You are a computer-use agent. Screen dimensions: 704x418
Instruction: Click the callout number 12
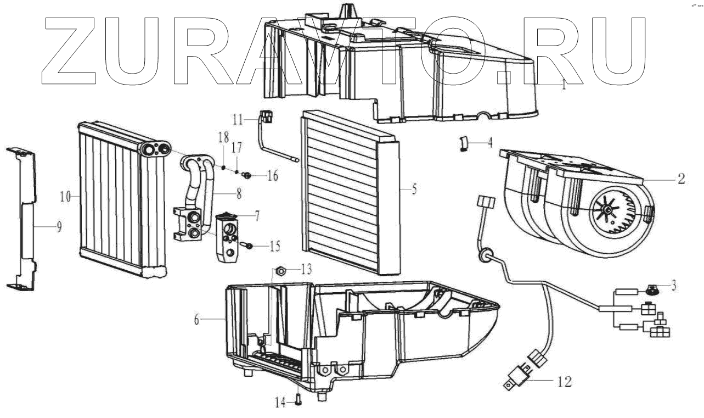coord(564,382)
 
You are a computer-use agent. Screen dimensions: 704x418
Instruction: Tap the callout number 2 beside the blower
coord(681,179)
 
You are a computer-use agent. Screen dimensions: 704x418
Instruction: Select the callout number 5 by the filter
coord(414,189)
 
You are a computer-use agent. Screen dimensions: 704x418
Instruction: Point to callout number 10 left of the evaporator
coord(65,197)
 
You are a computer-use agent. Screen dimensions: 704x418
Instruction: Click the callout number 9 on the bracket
coord(59,227)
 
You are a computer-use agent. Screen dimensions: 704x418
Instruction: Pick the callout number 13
coord(306,270)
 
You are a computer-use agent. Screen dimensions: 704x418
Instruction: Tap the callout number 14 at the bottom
coord(280,402)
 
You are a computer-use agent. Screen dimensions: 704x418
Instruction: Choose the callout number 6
coord(197,320)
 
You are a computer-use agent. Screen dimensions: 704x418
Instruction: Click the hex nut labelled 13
coord(280,270)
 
